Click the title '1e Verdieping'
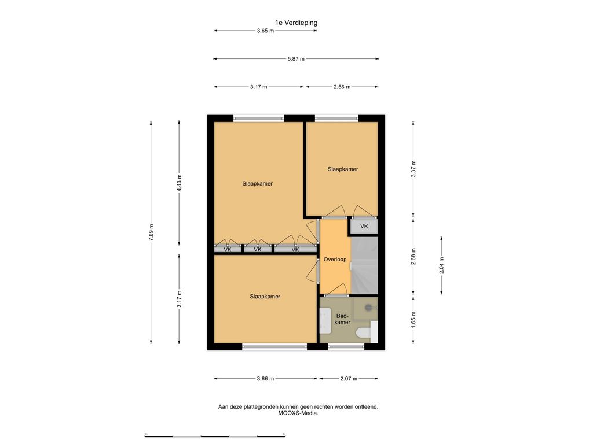pos(296,23)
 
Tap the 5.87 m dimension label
pos(296,59)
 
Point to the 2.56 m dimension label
pos(342,87)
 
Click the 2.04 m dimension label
pos(441,265)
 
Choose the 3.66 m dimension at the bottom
pos(265,378)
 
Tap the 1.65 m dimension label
pos(413,319)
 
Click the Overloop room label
pos(335,260)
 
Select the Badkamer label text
pos(342,319)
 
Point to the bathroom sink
pos(325,320)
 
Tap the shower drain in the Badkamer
pos(369,308)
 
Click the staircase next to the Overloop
pos(365,265)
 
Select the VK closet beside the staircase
pos(364,227)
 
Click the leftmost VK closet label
pos(228,250)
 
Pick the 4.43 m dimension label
pos(180,183)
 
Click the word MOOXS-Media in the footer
pos(298,413)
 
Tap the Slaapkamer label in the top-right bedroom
pos(343,169)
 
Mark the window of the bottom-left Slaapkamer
pos(274,346)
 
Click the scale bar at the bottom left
pos(215,435)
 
